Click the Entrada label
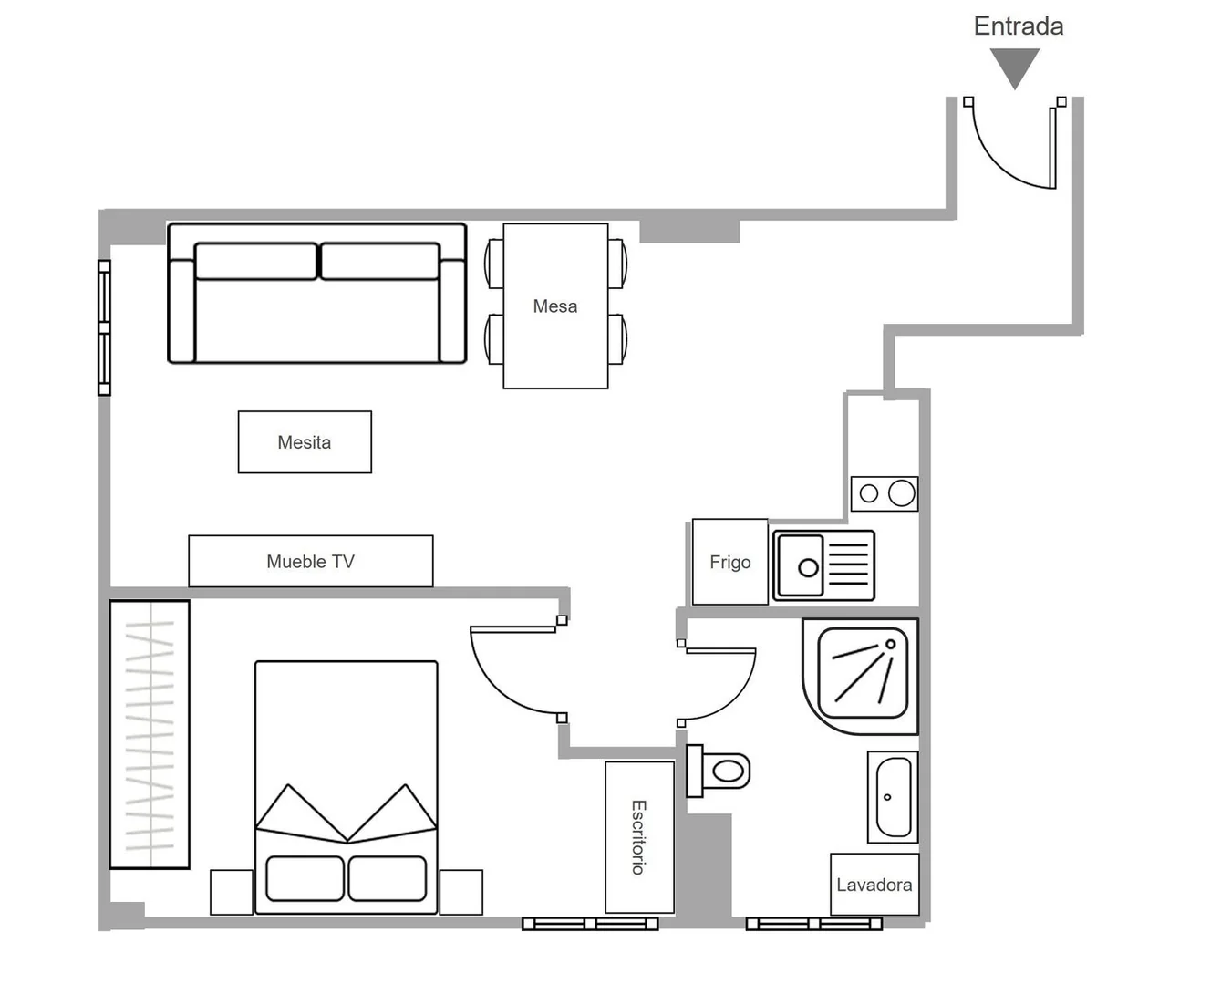click(1019, 26)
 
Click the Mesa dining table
click(555, 306)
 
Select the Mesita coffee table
click(305, 442)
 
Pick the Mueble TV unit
click(311, 561)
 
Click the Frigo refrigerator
click(730, 562)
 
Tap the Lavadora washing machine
click(874, 884)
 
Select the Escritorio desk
click(639, 837)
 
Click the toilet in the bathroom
click(719, 772)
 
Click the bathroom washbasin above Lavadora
click(893, 797)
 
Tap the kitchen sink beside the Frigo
click(823, 565)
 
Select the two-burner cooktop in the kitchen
click(885, 493)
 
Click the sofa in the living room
click(317, 293)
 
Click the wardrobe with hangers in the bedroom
click(150, 734)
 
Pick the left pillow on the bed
click(305, 878)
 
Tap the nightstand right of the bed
click(460, 892)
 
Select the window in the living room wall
click(104, 327)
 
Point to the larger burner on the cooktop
click(902, 492)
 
